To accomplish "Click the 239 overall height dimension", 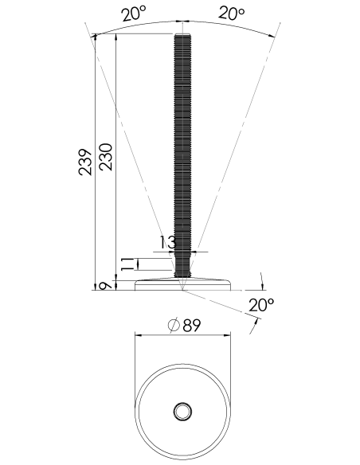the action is tap(85, 162).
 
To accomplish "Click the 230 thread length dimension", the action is tap(106, 157).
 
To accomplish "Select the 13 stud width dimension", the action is tap(168, 242).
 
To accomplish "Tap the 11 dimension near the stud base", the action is tap(127, 264).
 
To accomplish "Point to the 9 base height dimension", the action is tap(105, 286).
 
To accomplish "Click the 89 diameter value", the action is tap(192, 326).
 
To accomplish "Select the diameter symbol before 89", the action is tap(174, 325).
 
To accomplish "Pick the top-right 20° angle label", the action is tap(232, 14).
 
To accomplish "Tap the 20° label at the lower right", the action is tap(261, 305).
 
